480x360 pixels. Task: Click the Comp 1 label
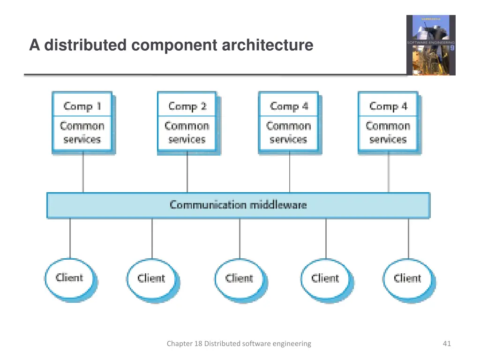point(82,106)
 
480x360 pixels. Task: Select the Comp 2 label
point(187,106)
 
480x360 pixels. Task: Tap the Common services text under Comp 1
point(82,133)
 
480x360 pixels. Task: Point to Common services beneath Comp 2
point(187,133)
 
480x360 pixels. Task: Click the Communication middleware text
point(238,205)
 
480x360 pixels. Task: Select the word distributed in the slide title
point(85,45)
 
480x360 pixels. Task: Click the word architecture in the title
point(267,45)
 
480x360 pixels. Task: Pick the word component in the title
point(174,45)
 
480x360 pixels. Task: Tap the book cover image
point(430,45)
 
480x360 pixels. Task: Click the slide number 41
point(446,344)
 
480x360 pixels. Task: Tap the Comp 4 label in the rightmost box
point(388,106)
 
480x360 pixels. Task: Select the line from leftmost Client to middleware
point(70,238)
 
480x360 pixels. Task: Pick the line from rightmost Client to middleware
point(408,238)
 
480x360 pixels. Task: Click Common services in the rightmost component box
point(388,133)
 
